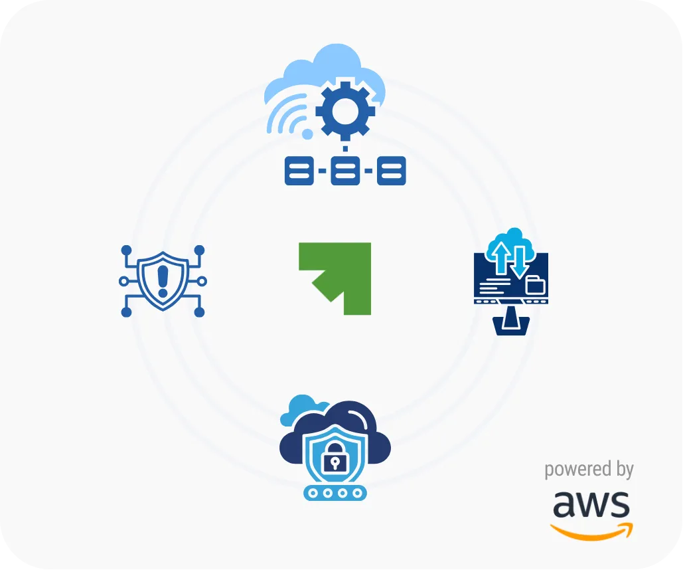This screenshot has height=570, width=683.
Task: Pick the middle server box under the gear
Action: [x=344, y=171]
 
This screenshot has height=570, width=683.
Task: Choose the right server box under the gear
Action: [x=391, y=171]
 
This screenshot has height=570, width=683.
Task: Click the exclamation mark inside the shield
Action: [x=163, y=280]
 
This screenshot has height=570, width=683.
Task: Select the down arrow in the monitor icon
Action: [x=520, y=260]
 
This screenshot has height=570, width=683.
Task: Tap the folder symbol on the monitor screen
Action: [x=534, y=286]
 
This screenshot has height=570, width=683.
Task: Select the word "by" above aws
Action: [x=624, y=470]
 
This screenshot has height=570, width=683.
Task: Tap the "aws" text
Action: [x=591, y=505]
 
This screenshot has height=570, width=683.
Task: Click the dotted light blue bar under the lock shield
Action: [x=335, y=493]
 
